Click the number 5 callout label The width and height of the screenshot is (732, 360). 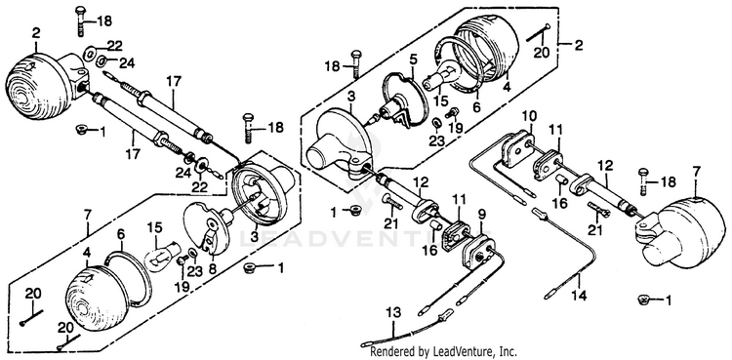click(413, 59)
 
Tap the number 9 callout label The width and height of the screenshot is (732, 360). click(482, 214)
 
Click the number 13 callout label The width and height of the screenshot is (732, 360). click(393, 312)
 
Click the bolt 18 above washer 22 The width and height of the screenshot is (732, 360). click(80, 20)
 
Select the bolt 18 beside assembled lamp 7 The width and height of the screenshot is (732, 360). click(643, 181)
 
